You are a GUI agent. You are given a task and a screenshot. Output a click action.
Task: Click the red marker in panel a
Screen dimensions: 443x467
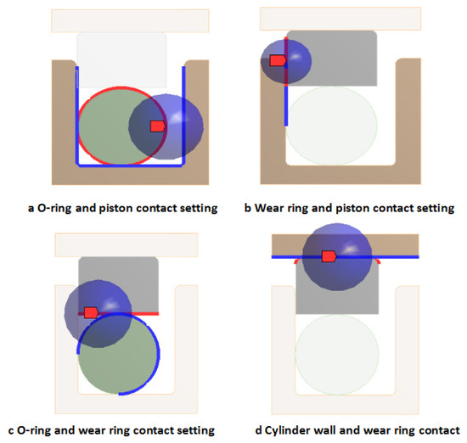click(x=157, y=126)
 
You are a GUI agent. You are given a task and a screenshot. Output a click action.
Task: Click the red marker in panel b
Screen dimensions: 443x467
click(x=277, y=60)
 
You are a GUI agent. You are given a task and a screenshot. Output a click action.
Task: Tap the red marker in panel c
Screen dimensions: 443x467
click(x=91, y=312)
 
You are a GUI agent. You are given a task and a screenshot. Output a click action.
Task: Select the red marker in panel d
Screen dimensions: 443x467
click(x=329, y=255)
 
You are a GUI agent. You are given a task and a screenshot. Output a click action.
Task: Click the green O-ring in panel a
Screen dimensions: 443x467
click(x=106, y=127)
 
